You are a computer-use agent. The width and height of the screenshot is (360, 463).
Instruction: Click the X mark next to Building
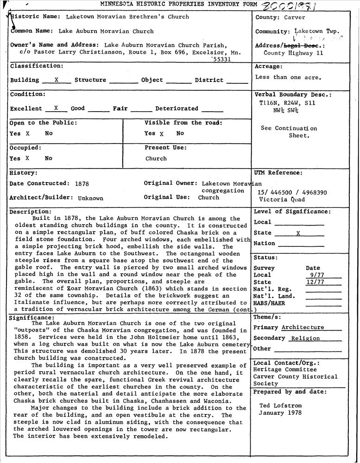[56, 80]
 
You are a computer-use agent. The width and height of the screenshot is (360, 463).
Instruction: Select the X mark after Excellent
[56, 108]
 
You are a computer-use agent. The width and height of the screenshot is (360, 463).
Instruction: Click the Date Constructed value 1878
[82, 183]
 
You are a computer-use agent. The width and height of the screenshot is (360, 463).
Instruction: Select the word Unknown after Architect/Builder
[90, 198]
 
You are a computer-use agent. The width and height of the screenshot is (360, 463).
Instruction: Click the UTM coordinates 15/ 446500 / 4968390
[292, 192]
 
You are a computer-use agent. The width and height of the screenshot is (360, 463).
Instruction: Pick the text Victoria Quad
[282, 200]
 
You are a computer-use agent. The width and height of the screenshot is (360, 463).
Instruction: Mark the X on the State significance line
[298, 233]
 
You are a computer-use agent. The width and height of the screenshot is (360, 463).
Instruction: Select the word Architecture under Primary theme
[303, 327]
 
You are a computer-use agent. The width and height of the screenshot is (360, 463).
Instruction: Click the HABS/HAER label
[269, 303]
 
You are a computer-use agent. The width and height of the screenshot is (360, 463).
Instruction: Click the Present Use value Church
[156, 158]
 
